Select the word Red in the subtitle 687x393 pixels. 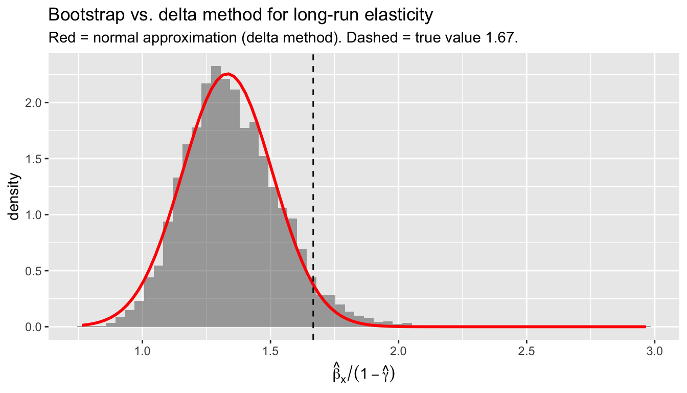click(x=58, y=38)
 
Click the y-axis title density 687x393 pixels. click(x=15, y=196)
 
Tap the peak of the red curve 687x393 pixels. click(x=228, y=74)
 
